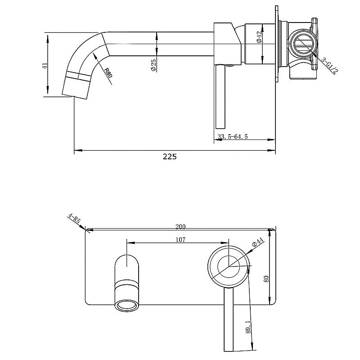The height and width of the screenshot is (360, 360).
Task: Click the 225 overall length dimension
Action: click(170, 157)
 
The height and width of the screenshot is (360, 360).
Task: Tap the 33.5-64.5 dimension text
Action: click(233, 136)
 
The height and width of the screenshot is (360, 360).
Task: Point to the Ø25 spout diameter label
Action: click(153, 66)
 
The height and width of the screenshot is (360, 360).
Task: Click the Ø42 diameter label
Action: click(259, 37)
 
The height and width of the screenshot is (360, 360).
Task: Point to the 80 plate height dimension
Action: click(266, 279)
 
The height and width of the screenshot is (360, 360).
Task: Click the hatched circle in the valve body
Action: click(302, 45)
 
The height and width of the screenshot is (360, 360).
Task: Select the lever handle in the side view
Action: click(221, 97)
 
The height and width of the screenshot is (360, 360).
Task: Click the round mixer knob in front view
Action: click(228, 266)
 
